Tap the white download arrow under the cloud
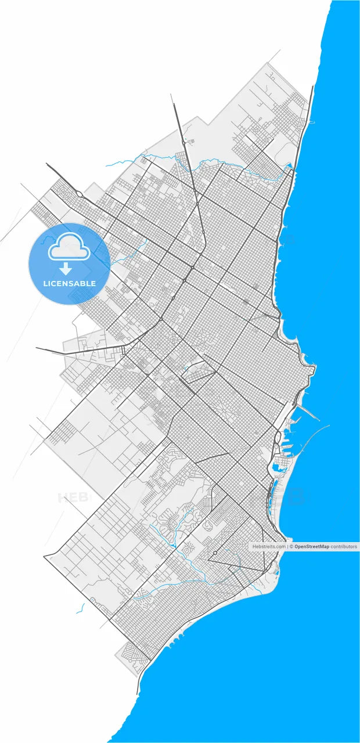pyautogui.click(x=66, y=269)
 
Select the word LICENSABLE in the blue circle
pyautogui.click(x=69, y=283)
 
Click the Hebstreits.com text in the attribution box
pyautogui.click(x=269, y=546)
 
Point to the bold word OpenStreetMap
pyautogui.click(x=312, y=546)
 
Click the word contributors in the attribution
pyautogui.click(x=343, y=546)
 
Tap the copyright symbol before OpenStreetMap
pyautogui.click(x=291, y=546)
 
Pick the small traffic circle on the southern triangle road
pyautogui.click(x=214, y=553)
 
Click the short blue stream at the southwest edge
pyautogui.click(x=81, y=608)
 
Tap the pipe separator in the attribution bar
pyautogui.click(x=288, y=546)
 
